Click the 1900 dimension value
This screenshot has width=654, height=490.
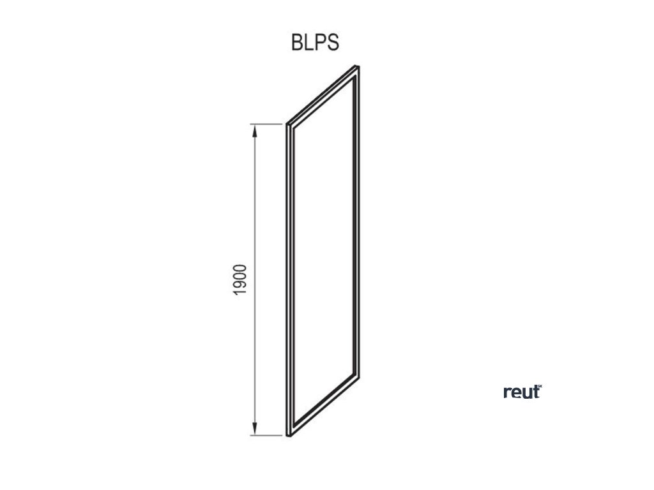(240, 279)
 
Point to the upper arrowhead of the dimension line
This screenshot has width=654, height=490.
(255, 130)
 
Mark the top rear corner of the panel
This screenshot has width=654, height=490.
(358, 66)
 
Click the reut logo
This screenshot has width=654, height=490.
(522, 392)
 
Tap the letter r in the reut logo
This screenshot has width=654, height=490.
(506, 394)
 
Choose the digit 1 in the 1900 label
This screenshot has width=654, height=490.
(240, 292)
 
